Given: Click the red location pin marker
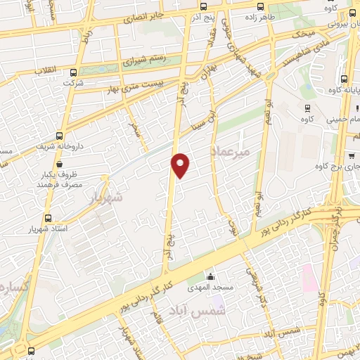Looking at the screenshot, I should tap(181, 165).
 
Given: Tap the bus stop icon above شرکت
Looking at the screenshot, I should tap(69, 74).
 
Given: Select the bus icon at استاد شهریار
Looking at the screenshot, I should tap(48, 219).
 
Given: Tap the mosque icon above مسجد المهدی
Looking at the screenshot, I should tap(209, 276).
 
